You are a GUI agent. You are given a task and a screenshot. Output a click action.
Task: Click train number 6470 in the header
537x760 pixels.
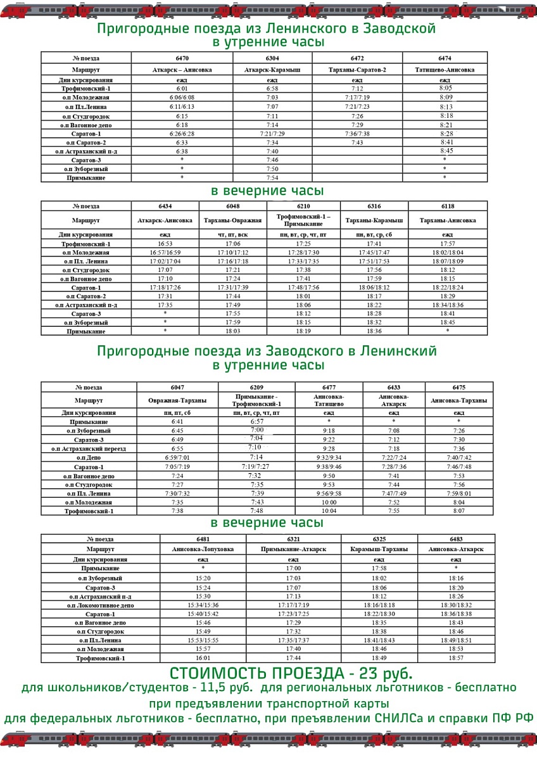point(182,58)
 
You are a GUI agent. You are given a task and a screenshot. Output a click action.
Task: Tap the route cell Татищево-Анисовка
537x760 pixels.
point(444,70)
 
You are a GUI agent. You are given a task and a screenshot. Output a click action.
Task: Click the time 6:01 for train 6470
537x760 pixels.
point(182,89)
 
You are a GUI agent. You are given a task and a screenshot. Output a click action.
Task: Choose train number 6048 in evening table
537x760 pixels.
point(232,206)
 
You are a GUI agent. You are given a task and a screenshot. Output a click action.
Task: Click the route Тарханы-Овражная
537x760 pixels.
point(232,220)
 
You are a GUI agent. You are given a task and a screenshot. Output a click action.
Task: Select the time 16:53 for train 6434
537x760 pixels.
point(165,244)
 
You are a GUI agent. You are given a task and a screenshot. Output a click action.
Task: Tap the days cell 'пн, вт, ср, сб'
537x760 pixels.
point(374,235)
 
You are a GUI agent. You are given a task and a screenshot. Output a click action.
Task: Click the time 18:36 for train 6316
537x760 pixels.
point(374,331)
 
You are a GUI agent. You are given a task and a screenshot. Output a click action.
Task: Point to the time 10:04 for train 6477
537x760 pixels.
point(329,511)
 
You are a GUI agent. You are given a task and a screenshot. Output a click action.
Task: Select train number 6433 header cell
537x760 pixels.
point(393,387)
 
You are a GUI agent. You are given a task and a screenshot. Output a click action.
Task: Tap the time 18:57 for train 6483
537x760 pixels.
point(456,659)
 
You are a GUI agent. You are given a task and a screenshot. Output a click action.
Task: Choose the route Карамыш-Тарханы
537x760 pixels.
point(379,549)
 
